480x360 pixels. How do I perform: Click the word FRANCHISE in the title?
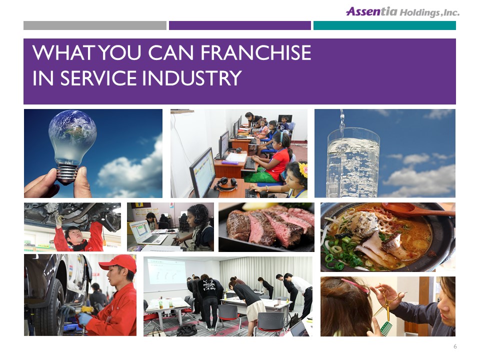click(x=255, y=52)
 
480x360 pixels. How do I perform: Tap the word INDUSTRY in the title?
click(x=192, y=78)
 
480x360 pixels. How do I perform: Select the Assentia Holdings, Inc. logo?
click(x=402, y=11)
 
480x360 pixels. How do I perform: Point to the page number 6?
click(x=455, y=346)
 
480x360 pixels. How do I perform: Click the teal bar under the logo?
click(x=384, y=25)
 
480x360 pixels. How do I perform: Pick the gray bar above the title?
click(x=95, y=25)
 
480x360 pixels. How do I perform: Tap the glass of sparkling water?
click(x=353, y=162)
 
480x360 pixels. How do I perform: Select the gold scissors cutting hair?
click(x=387, y=301)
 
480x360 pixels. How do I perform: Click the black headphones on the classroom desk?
click(x=225, y=184)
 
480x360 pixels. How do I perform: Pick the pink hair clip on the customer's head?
click(x=355, y=284)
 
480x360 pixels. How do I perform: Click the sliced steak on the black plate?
click(x=269, y=226)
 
